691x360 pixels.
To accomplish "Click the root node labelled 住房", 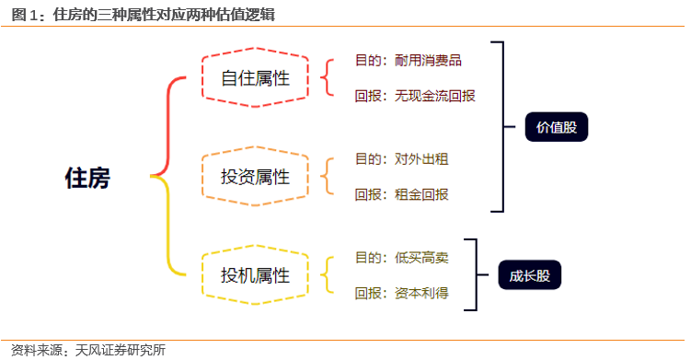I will pos(87,178).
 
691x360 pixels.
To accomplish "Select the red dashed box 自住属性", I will pos(255,78).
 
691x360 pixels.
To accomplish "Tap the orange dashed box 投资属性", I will pos(255,176).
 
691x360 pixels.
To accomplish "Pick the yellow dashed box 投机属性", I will pos(255,274).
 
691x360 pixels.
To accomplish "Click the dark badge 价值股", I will pos(556,128).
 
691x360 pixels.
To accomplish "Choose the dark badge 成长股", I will pos(529,275).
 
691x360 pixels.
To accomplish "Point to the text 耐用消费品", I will pos(428,61).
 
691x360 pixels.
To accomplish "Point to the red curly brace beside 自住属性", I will pos(326,78).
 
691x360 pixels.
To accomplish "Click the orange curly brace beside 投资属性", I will pos(326,176).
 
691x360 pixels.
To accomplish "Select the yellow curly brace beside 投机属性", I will pos(326,274).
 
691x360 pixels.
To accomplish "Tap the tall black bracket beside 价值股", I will pos(501,126).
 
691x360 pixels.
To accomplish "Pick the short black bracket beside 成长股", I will pos(475,274).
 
